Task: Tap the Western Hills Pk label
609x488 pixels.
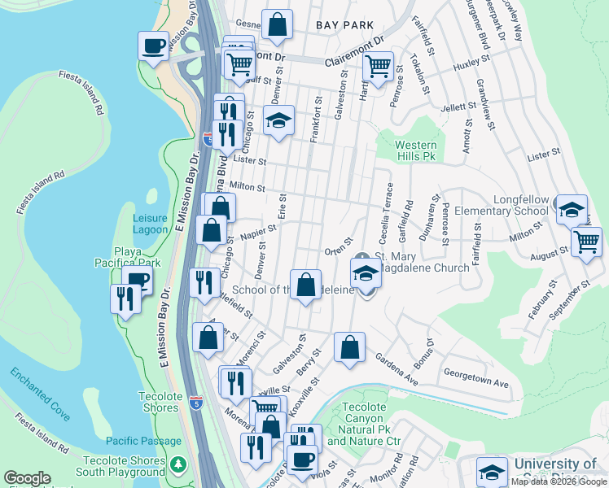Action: coord(416,150)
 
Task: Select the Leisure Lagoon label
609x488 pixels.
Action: coord(151,224)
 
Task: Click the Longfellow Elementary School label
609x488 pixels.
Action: coord(521,205)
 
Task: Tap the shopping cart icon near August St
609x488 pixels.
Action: coord(586,241)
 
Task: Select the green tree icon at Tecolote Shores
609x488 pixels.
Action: coord(179,466)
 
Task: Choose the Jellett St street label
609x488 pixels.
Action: coord(458,107)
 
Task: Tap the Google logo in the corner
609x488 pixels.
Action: coord(27,478)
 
